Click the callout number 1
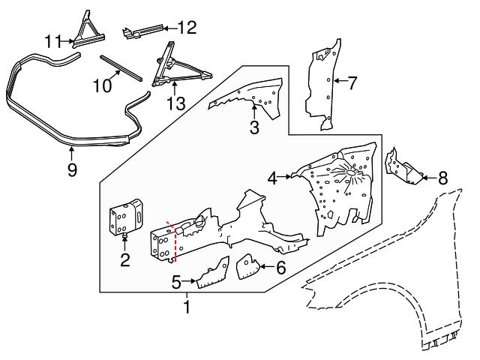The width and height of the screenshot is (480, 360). pos(186,307)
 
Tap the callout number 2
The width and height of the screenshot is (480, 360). pos(125,260)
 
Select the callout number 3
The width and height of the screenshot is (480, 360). pos(254,128)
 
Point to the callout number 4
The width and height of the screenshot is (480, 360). pos(273,178)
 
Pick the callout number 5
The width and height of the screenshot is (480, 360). pos(175,282)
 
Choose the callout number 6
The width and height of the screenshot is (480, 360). pos(280,267)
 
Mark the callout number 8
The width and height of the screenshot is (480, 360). pos(442,178)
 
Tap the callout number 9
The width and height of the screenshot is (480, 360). pos(72,169)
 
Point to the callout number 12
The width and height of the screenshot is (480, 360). pos(187,28)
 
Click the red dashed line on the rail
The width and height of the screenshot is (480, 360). pos(175,241)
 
